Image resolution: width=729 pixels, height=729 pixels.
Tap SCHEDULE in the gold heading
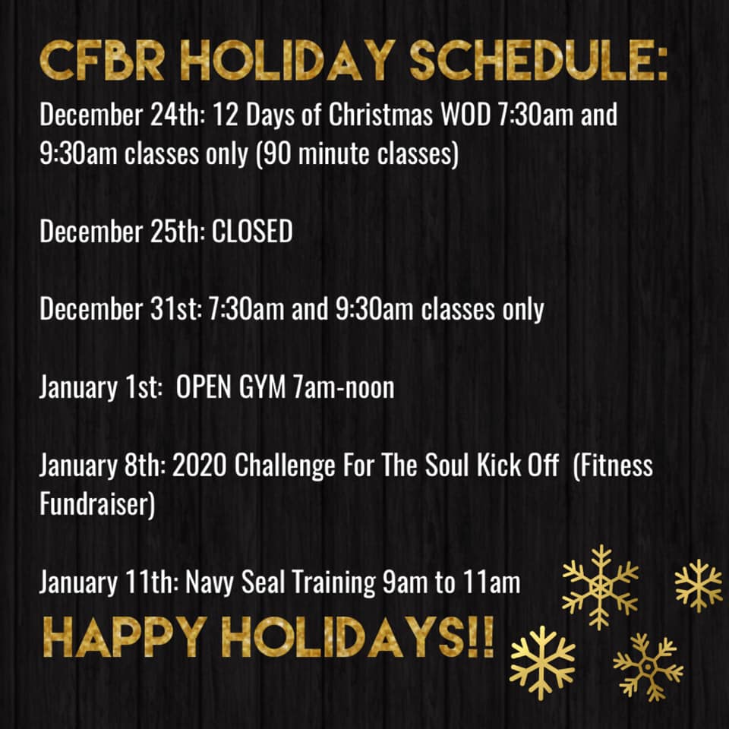coord(539,61)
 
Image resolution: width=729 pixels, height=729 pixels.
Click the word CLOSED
coord(252,231)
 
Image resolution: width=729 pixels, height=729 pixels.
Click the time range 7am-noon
coord(343,387)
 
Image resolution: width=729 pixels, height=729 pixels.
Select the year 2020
coord(200,465)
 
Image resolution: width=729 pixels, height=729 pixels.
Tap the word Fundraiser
coord(97,504)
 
